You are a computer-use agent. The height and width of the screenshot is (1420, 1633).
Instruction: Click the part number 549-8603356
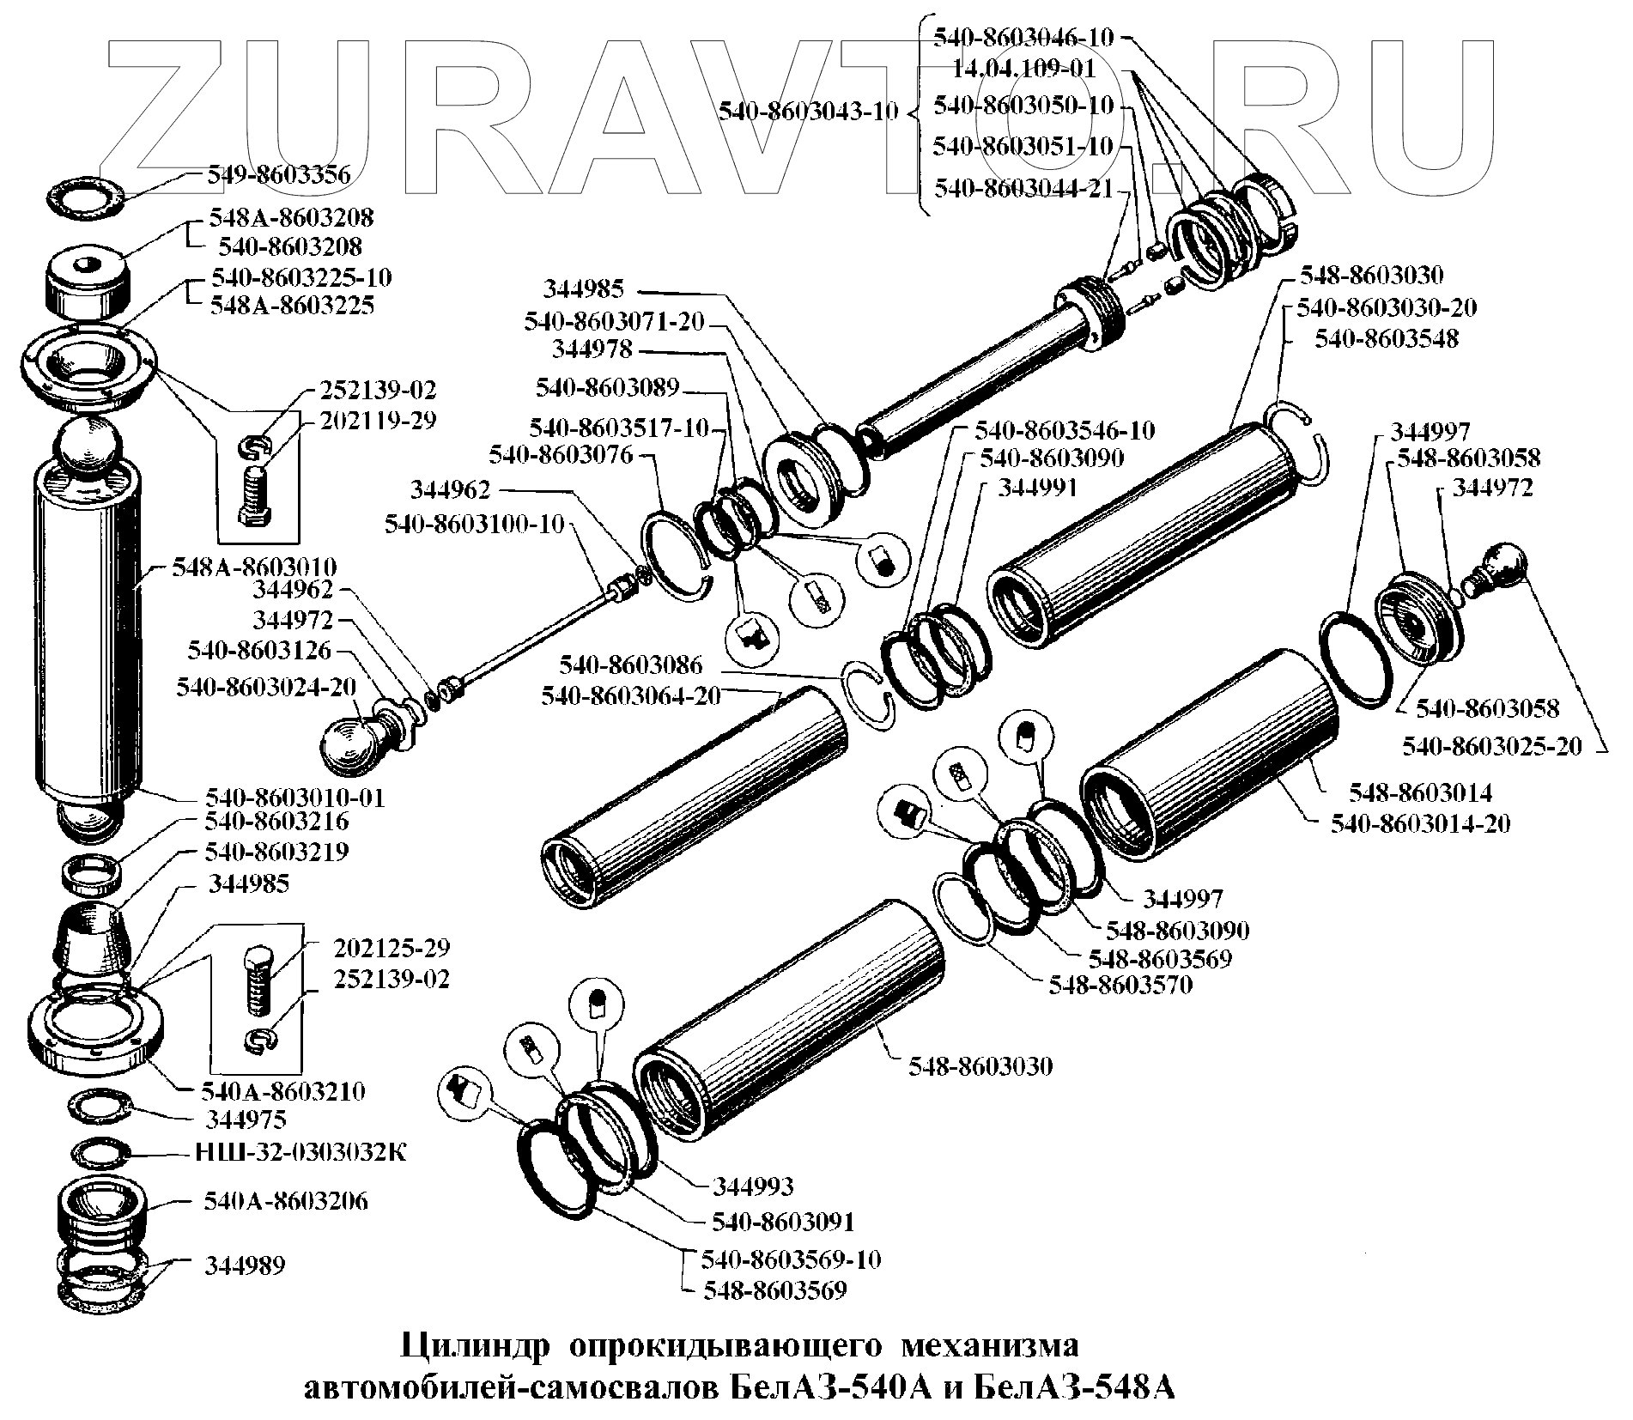click(278, 176)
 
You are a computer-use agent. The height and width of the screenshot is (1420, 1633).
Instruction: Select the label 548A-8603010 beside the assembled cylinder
click(254, 567)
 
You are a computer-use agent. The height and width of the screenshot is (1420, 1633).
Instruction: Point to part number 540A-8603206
click(285, 1200)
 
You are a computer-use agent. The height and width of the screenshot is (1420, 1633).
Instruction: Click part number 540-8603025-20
click(1492, 746)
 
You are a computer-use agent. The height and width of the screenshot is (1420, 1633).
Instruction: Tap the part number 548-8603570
click(1120, 985)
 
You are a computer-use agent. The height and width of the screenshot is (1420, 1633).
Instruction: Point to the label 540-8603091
click(783, 1222)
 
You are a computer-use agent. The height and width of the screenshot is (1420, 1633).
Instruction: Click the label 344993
click(753, 1186)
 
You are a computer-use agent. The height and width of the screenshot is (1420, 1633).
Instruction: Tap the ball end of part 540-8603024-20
click(349, 745)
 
